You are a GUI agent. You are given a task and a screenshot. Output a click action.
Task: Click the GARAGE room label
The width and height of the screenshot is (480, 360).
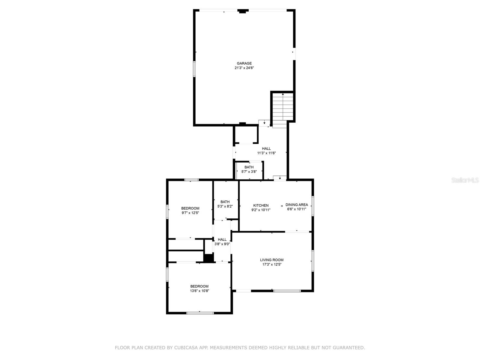pos(244,63)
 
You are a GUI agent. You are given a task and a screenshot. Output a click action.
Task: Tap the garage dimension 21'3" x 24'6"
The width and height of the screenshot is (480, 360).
pos(244,68)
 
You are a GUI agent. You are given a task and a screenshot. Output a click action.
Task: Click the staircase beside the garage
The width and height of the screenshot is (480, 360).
pos(283,107)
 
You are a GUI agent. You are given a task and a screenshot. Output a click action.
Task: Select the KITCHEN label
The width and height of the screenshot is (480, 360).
pos(261,205)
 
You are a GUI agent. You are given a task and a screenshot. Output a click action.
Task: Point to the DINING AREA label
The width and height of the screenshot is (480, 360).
pos(296,205)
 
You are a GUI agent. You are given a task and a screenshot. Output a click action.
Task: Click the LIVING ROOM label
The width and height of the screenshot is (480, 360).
pos(271,260)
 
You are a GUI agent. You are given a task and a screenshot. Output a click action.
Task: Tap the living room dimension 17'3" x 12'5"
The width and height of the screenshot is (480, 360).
pos(271,264)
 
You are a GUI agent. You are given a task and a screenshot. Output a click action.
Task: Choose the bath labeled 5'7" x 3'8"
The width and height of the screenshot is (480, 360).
pos(249,169)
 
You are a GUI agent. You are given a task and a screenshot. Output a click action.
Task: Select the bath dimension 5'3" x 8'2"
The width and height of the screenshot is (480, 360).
pos(225,206)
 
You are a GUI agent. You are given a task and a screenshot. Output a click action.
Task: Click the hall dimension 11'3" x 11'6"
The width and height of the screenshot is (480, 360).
pos(266,153)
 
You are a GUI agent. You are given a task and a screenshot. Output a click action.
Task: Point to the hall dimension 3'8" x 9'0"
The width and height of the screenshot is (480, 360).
pos(222,244)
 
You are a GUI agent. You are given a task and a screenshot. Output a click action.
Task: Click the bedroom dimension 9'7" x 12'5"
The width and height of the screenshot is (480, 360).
pos(190,213)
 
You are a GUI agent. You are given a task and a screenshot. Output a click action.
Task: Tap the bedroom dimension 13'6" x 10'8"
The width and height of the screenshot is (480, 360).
pos(199,291)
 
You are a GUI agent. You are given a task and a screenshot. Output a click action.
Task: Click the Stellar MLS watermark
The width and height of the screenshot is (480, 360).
pos(465,180)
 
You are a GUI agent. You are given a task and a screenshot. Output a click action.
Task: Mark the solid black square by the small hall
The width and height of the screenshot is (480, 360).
pos(208,258)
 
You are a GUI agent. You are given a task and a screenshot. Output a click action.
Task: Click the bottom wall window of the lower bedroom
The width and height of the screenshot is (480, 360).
pos(200,313)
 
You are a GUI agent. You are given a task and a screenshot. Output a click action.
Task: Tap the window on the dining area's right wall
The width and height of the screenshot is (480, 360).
pos(313,206)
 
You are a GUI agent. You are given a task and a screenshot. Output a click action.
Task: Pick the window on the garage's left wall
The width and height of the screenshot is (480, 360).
pos(194,69)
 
